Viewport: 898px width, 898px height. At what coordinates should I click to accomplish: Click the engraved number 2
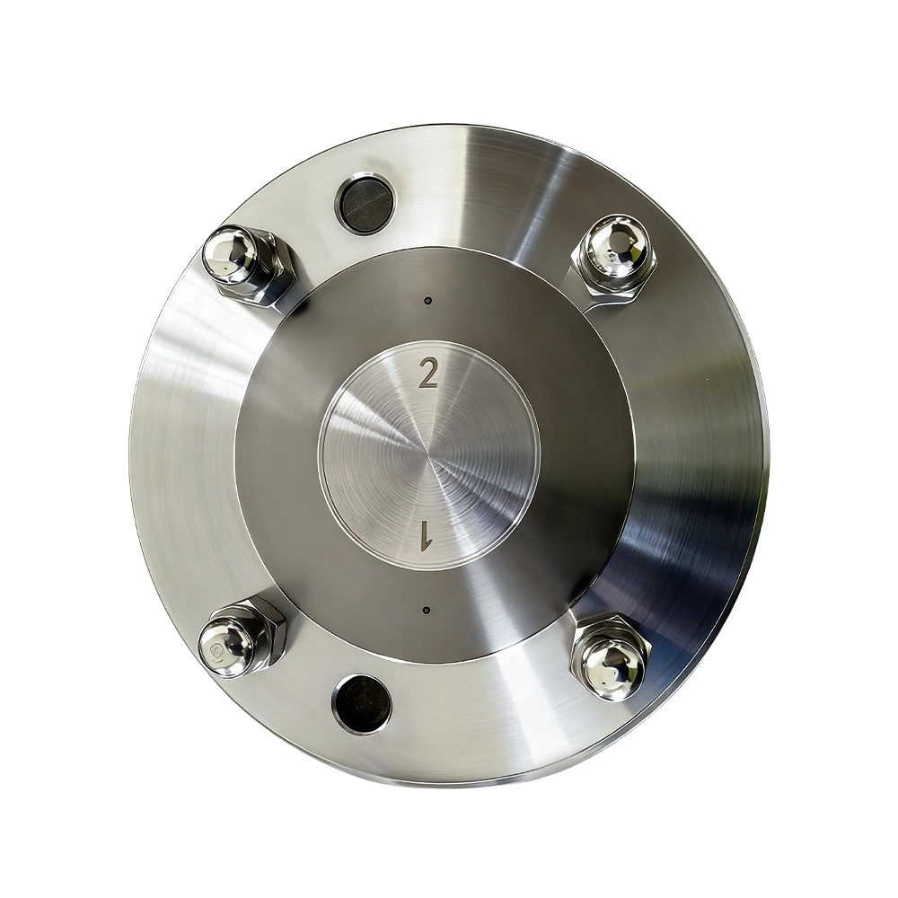429,373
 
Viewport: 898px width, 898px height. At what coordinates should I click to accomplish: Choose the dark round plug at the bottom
361,703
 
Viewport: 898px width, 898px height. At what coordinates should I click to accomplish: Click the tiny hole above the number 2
427,300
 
